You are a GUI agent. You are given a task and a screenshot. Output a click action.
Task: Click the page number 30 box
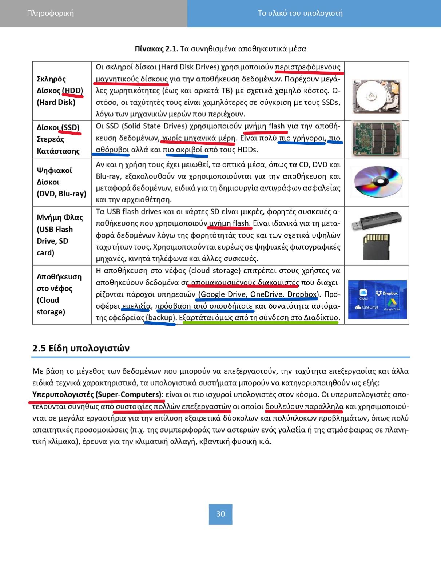(220, 514)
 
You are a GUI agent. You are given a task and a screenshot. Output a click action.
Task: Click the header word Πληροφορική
(50, 13)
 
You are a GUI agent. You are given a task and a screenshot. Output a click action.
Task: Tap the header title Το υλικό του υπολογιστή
(300, 13)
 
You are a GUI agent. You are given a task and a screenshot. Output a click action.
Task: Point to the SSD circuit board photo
(377, 139)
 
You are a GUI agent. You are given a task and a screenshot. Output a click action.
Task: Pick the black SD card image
(376, 246)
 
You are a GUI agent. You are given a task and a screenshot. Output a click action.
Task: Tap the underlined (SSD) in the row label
(70, 127)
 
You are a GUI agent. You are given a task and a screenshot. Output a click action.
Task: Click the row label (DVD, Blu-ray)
(61, 194)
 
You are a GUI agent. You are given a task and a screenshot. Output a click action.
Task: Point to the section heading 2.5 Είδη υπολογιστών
(81, 348)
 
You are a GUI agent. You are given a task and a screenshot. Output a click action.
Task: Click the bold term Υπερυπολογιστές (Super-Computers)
(97, 394)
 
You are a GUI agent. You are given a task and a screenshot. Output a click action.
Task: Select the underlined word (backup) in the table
(161, 318)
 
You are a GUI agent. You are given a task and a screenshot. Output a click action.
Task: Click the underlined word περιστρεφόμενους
(308, 67)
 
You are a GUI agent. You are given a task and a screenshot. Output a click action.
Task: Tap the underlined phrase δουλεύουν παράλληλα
(304, 406)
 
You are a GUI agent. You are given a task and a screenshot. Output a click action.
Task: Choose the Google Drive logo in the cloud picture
(392, 304)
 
